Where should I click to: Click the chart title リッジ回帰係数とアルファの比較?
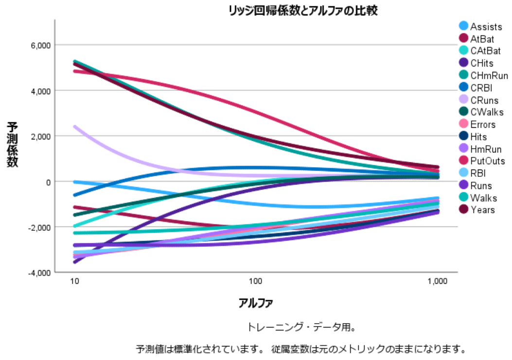303,11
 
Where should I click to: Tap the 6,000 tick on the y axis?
40,45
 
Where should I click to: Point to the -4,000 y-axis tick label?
39,273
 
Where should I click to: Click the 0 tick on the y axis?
48,182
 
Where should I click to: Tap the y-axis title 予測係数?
13,144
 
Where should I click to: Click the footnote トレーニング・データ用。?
301,327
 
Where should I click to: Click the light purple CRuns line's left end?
75,126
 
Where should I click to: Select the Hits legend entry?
478,137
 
